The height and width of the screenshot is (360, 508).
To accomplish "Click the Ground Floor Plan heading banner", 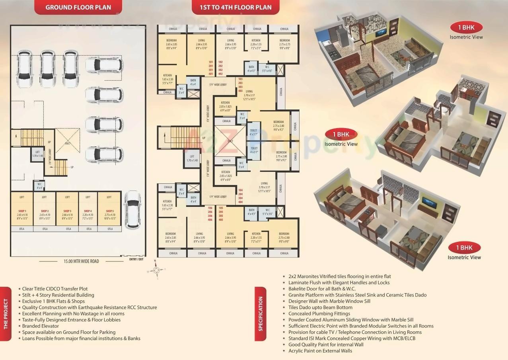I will [x=78, y=7].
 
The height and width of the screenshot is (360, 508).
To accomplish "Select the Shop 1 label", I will [x=22, y=211].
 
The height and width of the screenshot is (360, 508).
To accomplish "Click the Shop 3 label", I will [x=67, y=211].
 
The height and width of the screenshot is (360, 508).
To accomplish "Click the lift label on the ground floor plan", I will [x=37, y=154].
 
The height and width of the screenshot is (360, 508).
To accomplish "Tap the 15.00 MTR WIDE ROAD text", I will [x=81, y=261].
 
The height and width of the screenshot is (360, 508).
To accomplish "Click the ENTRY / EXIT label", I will [x=136, y=259].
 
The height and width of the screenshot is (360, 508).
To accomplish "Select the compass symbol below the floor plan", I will [x=157, y=270].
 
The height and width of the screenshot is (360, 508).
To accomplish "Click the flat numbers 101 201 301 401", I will [x=211, y=68].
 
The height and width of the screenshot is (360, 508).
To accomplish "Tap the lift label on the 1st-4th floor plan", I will [x=192, y=158].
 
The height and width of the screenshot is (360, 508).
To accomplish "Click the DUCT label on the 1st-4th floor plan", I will [x=230, y=141].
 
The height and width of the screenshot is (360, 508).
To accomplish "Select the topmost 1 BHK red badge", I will [x=466, y=28].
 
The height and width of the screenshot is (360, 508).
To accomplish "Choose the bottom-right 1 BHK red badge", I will [x=464, y=248].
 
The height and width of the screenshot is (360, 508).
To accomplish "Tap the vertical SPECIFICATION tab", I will [x=261, y=314].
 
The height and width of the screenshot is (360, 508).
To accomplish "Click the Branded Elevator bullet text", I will [x=41, y=326].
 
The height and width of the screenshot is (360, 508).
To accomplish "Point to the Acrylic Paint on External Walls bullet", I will [x=320, y=351].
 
